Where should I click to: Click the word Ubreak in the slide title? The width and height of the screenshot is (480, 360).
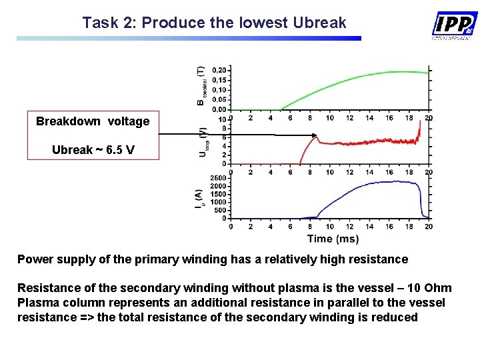(319, 23)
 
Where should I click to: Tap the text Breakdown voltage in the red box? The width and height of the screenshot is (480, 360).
(93, 121)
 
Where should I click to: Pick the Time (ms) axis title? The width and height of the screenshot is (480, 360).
(333, 239)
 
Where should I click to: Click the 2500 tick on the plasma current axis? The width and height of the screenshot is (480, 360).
(218, 177)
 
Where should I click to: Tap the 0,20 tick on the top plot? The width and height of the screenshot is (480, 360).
(219, 70)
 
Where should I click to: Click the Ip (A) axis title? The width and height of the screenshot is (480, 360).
(199, 198)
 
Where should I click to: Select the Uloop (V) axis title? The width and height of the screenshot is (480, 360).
(201, 141)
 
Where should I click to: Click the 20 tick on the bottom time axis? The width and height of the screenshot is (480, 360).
(429, 227)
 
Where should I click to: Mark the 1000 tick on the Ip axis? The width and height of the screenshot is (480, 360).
(218, 202)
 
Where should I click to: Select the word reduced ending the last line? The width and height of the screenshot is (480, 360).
(394, 317)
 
